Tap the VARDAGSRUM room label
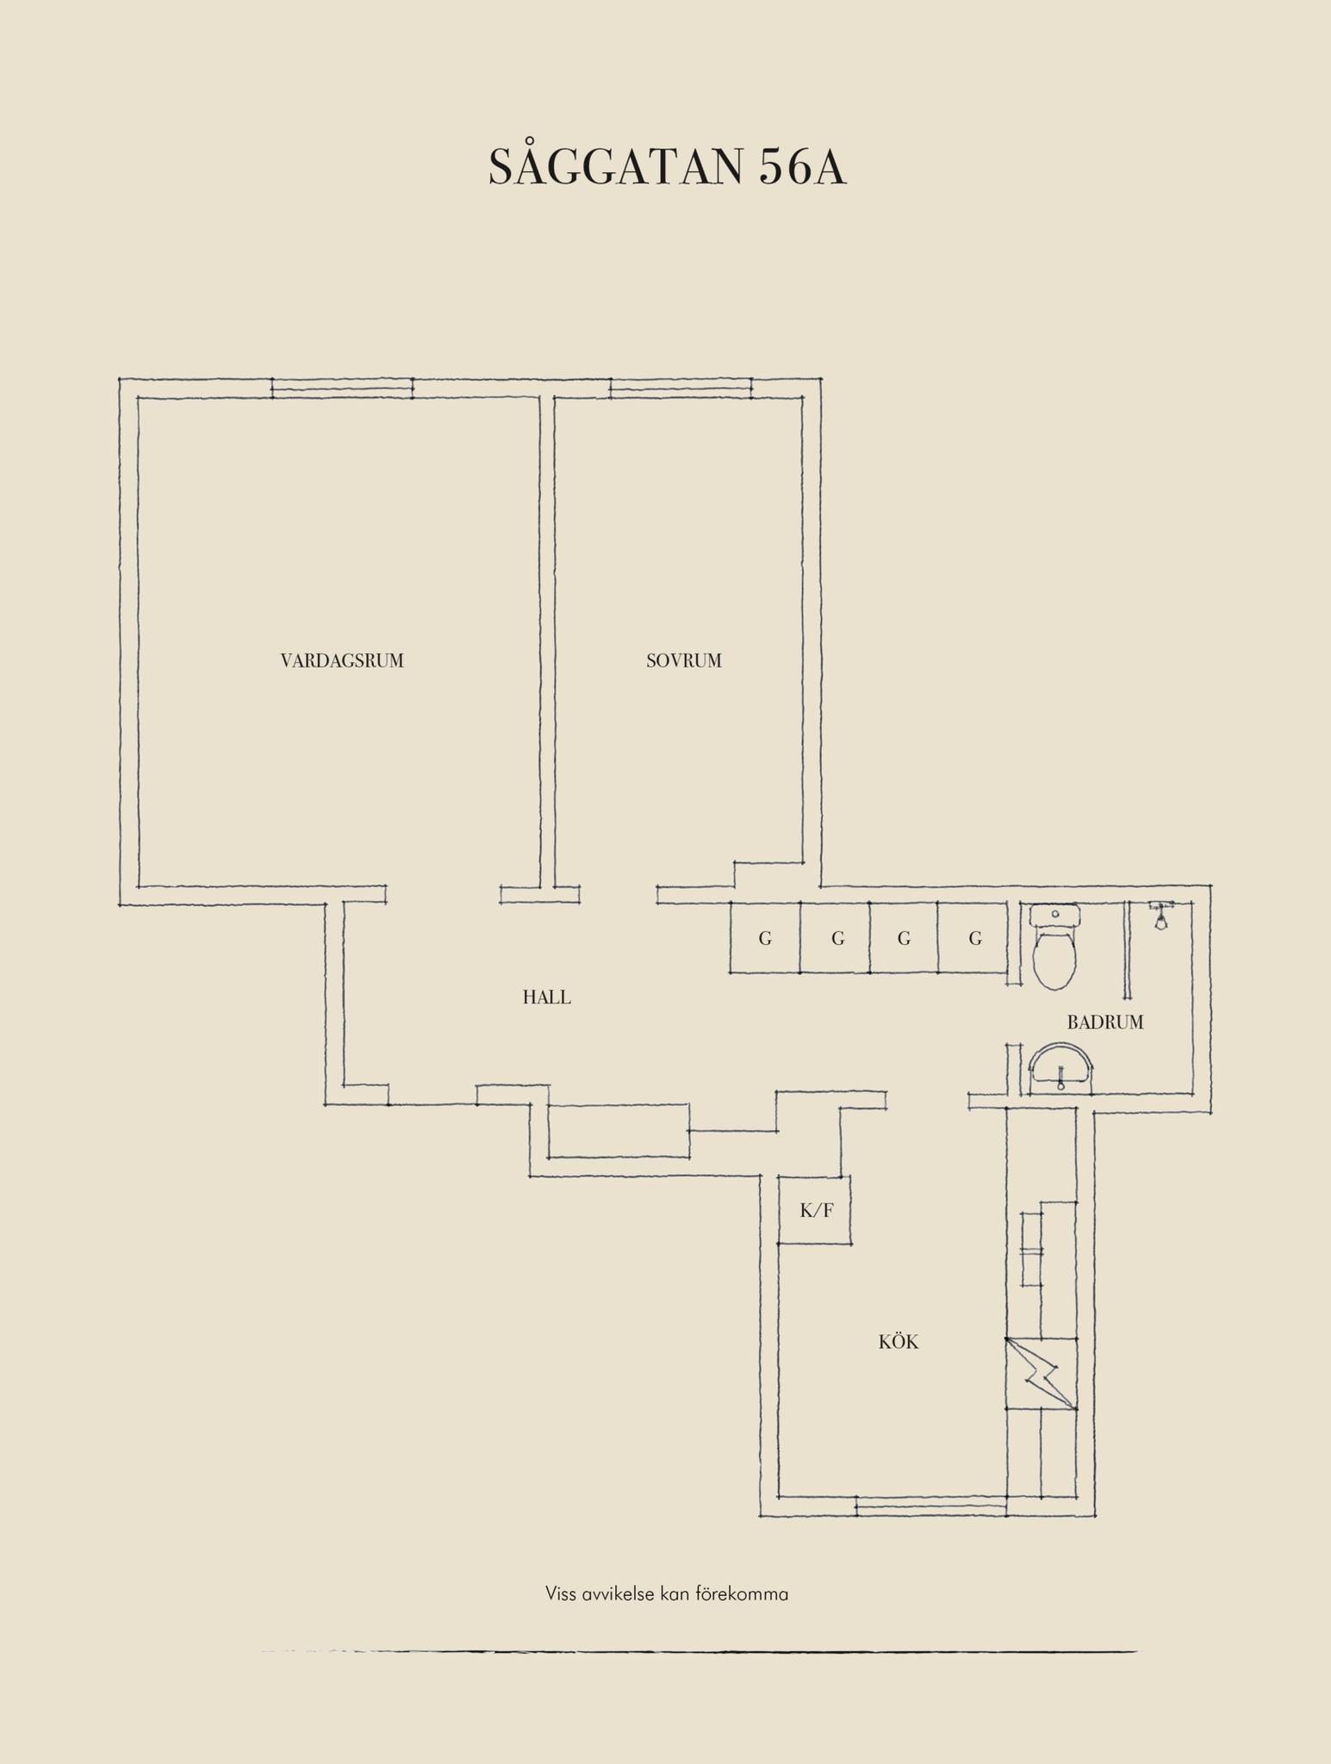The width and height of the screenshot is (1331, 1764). click(342, 661)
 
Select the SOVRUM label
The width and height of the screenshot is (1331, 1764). click(684, 661)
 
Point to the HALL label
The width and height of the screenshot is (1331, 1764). click(547, 997)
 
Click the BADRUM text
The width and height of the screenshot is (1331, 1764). click(1105, 1022)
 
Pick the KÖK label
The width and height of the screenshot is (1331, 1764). click(899, 1342)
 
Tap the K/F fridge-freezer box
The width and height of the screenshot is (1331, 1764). click(814, 1209)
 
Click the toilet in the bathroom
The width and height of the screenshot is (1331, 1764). click(1054, 947)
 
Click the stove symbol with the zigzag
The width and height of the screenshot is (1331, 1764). click(1042, 1374)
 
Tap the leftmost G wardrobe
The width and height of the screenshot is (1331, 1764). click(765, 938)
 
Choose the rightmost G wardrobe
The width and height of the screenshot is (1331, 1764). click(973, 938)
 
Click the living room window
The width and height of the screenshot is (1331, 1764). click(342, 388)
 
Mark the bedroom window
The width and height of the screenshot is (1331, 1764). click(681, 388)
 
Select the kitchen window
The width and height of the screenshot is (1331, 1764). click(931, 1506)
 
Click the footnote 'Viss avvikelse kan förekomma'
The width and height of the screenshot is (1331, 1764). click(667, 1593)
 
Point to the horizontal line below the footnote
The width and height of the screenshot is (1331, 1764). click(699, 1651)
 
